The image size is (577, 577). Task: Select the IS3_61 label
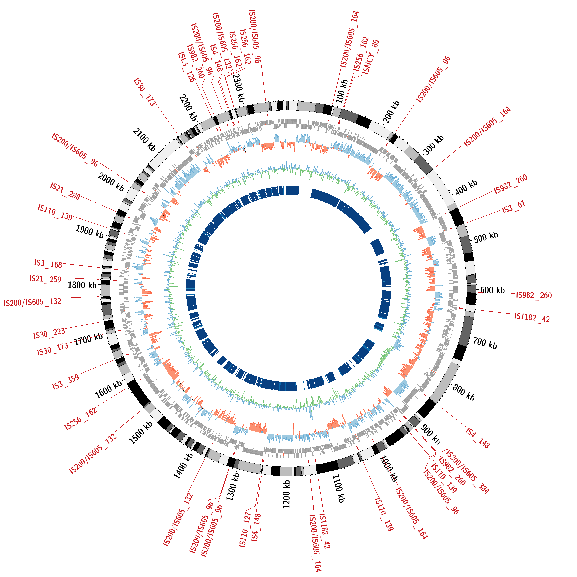pyautogui.click(x=513, y=208)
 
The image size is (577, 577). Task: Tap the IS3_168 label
pyautogui.click(x=48, y=264)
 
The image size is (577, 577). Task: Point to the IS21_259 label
pyautogui.click(x=45, y=279)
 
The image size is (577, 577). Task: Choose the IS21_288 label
pyautogui.click(x=65, y=191)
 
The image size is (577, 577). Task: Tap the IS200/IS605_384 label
pyautogui.click(x=467, y=472)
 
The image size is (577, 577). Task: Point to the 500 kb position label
pyautogui.click(x=486, y=237)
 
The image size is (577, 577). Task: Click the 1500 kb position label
pyautogui.click(x=141, y=432)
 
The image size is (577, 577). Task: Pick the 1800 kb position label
pyautogui.click(x=82, y=285)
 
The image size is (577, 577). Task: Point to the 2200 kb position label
pyautogui.click(x=188, y=108)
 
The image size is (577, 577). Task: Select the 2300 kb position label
pyautogui.click(x=239, y=88)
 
